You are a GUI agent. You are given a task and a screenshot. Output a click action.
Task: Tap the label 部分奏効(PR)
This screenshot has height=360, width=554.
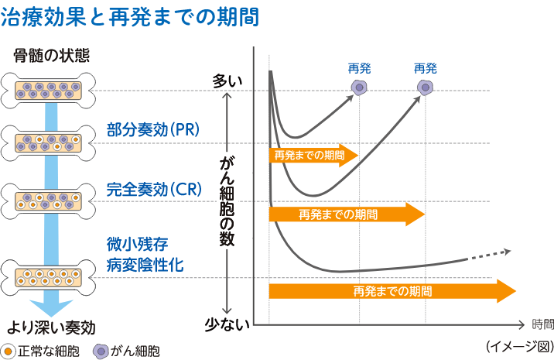(x=152, y=129)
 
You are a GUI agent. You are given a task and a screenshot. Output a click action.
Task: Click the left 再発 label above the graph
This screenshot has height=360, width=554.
(x=360, y=68)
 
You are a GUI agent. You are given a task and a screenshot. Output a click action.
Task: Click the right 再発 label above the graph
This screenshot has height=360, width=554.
(x=426, y=68)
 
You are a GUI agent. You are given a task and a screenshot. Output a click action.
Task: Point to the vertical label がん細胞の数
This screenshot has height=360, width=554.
(x=226, y=200)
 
